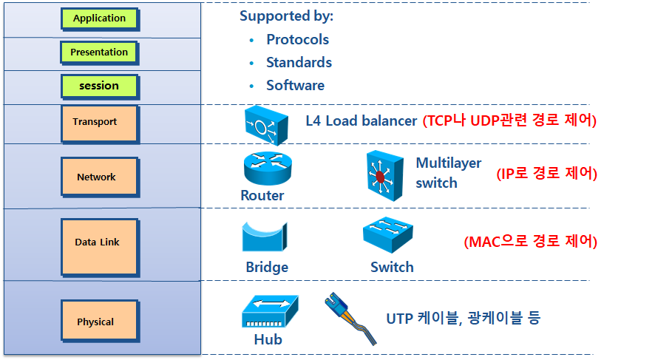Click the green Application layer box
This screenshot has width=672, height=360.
coord(99,18)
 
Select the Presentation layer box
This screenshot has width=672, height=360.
coord(99,52)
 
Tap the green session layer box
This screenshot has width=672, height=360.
coord(99,86)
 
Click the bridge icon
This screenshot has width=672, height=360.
coord(264,237)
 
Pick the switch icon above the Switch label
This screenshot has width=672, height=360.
coord(387,237)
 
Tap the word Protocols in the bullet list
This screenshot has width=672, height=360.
coord(297,39)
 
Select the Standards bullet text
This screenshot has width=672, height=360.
coord(299,62)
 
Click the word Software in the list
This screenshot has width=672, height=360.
coord(295,85)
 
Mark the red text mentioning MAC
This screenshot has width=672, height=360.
coord(529,242)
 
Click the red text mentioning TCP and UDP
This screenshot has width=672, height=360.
coord(509,120)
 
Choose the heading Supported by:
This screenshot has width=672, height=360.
coord(286,16)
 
